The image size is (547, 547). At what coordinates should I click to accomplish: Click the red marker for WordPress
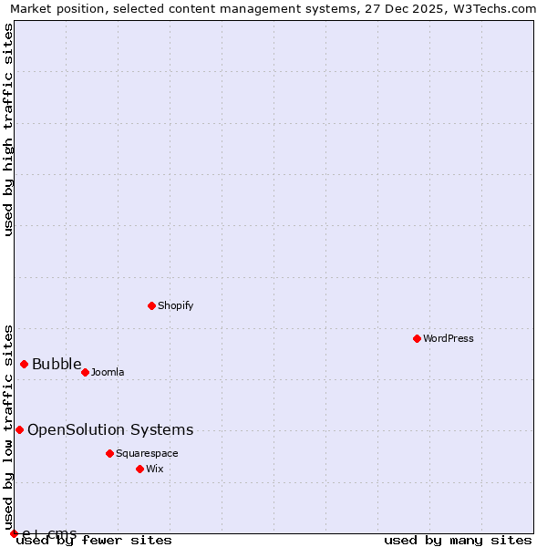click(x=417, y=338)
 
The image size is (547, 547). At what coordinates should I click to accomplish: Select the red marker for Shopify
click(x=151, y=305)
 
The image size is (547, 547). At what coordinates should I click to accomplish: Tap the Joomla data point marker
click(x=85, y=372)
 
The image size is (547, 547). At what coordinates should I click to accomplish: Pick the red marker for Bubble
click(x=24, y=364)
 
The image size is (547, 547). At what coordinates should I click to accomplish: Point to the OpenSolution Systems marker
click(x=19, y=429)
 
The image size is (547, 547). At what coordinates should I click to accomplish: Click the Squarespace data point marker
click(x=109, y=453)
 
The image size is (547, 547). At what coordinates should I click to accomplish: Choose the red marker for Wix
click(x=139, y=469)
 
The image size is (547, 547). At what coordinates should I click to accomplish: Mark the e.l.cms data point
click(x=14, y=533)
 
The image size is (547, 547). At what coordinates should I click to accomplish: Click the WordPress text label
click(x=449, y=338)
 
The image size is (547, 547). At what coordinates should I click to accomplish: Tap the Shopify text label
click(x=175, y=305)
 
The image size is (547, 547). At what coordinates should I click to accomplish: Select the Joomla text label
click(x=108, y=372)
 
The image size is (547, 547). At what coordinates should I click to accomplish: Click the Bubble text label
click(x=57, y=365)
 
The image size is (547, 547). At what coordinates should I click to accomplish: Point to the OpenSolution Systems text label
click(x=110, y=430)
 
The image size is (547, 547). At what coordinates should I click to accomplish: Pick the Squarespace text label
click(x=147, y=453)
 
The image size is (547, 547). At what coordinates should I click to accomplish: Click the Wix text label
click(x=154, y=469)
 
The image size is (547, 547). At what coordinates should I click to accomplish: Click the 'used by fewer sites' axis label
click(x=94, y=540)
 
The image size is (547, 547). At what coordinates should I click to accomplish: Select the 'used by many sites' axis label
click(x=458, y=540)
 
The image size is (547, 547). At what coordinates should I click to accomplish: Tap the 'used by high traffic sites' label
click(x=8, y=129)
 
